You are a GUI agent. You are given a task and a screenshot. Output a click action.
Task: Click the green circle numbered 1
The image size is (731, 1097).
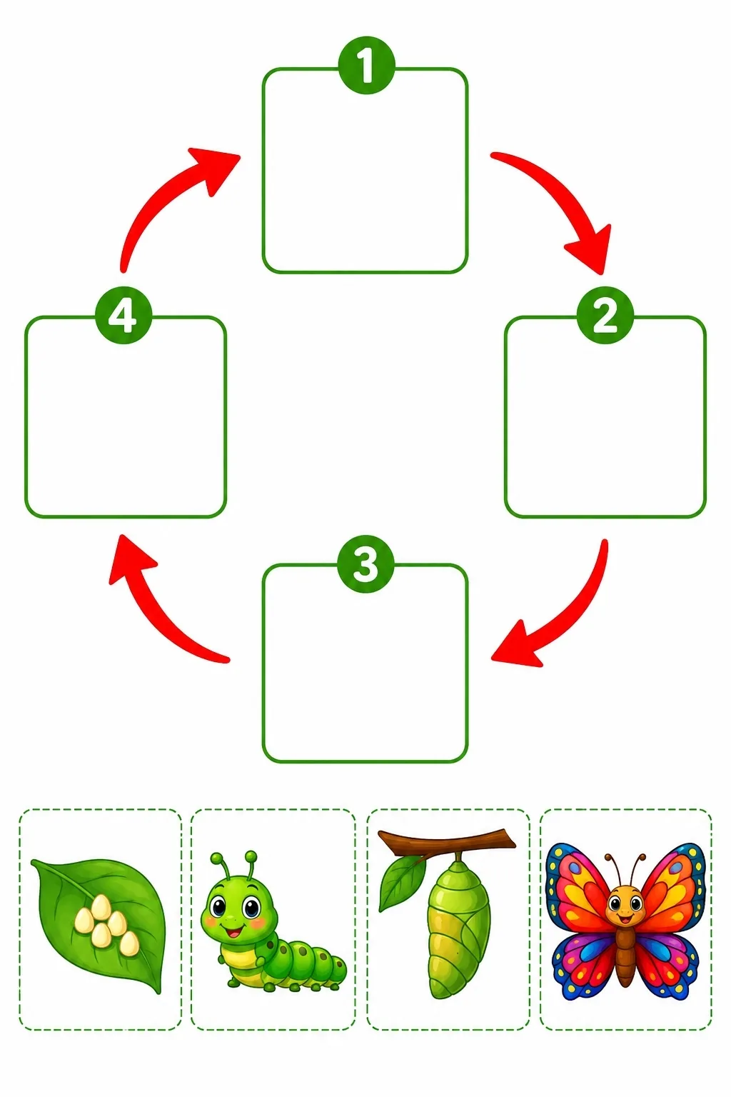(x=365, y=65)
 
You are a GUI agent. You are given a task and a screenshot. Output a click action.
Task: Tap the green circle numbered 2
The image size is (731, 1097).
(x=605, y=315)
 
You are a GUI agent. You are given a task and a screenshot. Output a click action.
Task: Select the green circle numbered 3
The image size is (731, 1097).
(x=365, y=563)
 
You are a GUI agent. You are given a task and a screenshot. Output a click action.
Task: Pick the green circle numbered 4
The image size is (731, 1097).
(x=123, y=315)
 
